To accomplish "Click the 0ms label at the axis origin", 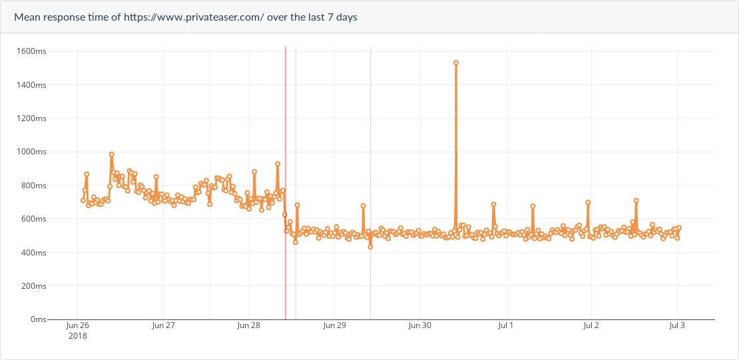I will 38,319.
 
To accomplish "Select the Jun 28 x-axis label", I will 248,325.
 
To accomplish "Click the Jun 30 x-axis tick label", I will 419,325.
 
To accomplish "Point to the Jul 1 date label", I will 505,325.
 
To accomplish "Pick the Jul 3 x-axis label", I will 676,325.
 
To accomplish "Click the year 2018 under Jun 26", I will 77,336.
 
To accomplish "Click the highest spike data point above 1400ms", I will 456,63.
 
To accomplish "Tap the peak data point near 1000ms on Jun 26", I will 112,154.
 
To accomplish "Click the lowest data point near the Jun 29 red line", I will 370,246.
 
